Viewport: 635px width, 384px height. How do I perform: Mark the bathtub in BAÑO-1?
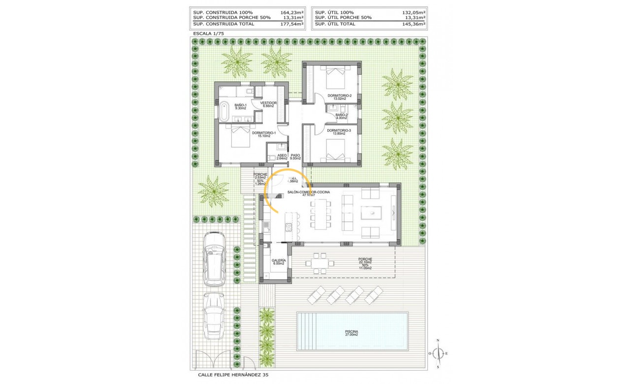click(x=224, y=110)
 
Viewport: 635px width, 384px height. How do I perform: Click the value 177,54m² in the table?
click(x=292, y=23)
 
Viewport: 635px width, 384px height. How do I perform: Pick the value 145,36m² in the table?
click(x=414, y=23)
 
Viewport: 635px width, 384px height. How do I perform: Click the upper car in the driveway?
click(x=215, y=259)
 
